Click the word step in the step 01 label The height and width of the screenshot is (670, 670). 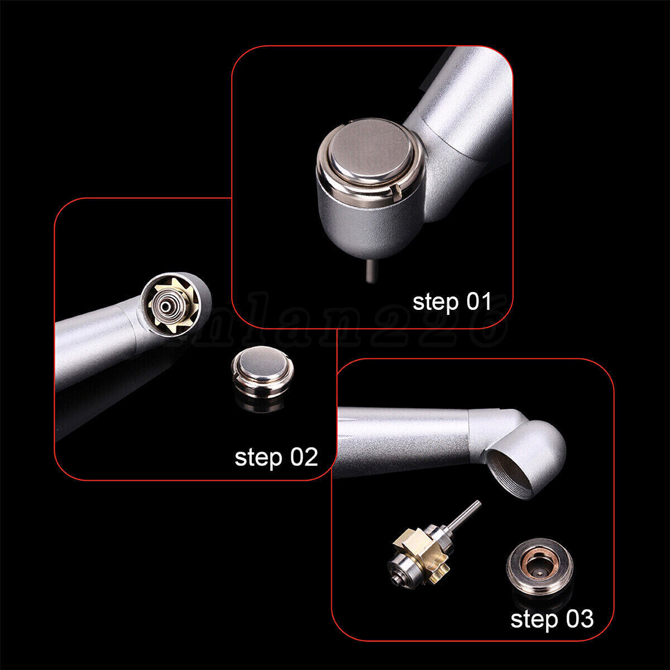(435, 302)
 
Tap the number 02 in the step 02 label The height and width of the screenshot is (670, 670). (303, 457)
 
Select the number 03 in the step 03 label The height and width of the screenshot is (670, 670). (578, 619)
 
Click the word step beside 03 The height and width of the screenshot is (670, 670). (534, 620)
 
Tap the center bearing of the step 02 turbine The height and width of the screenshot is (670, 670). (165, 306)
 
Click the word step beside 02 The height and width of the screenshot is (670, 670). (258, 458)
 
